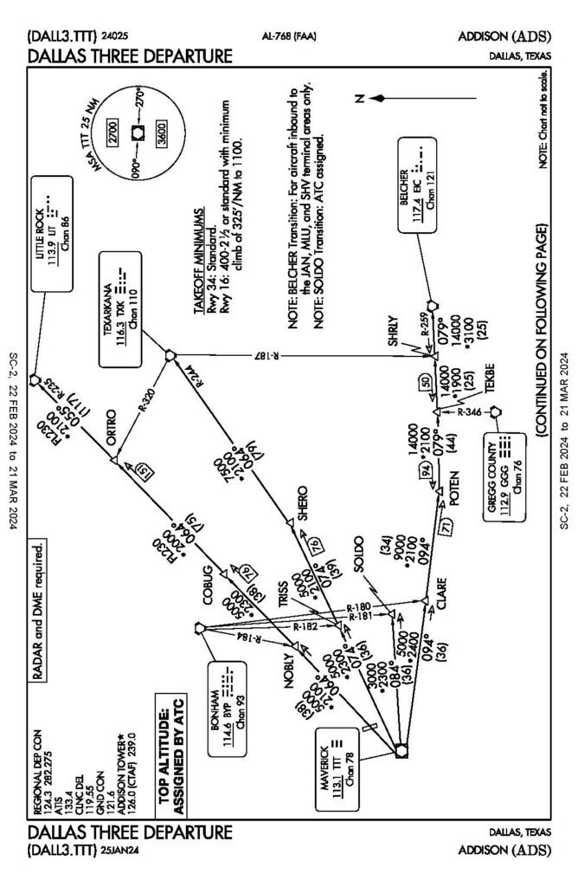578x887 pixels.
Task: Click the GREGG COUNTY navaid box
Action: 503,464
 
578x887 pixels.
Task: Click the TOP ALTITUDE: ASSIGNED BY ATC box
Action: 170,763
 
